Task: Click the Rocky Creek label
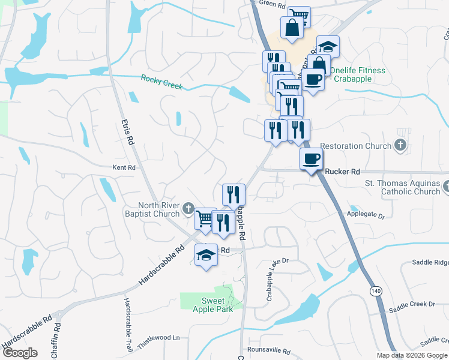point(161,82)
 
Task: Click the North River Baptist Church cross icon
point(188,209)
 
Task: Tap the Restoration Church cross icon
point(400,145)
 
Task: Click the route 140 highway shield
point(376,291)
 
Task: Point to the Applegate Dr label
point(366,214)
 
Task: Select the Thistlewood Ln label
point(159,338)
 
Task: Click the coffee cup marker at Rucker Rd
point(311,159)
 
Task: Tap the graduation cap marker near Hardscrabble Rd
point(206,256)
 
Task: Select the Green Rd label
point(272,4)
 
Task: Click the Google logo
point(20,353)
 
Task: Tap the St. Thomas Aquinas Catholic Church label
point(403,187)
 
